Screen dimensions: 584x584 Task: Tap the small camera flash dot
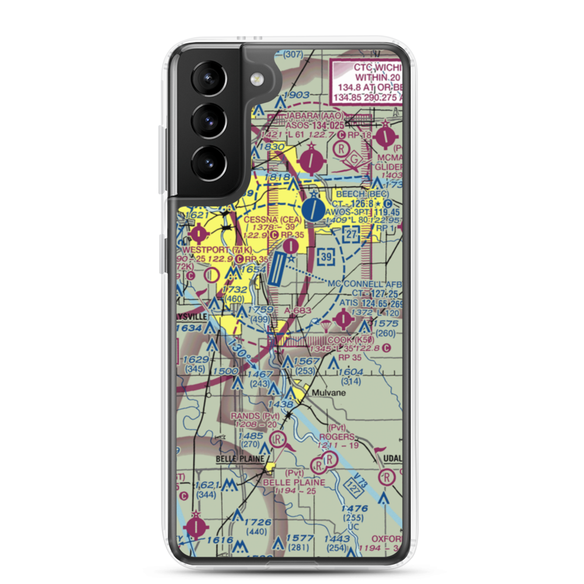(255, 79)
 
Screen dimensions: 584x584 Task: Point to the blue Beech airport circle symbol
(314, 208)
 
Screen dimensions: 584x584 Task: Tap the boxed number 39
(327, 255)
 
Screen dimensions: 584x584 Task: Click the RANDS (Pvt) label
(255, 416)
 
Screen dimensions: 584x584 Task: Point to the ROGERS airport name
(337, 437)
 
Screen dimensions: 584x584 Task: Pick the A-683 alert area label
(298, 310)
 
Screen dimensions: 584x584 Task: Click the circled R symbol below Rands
(279, 440)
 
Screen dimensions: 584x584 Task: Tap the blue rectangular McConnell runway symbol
(278, 273)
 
